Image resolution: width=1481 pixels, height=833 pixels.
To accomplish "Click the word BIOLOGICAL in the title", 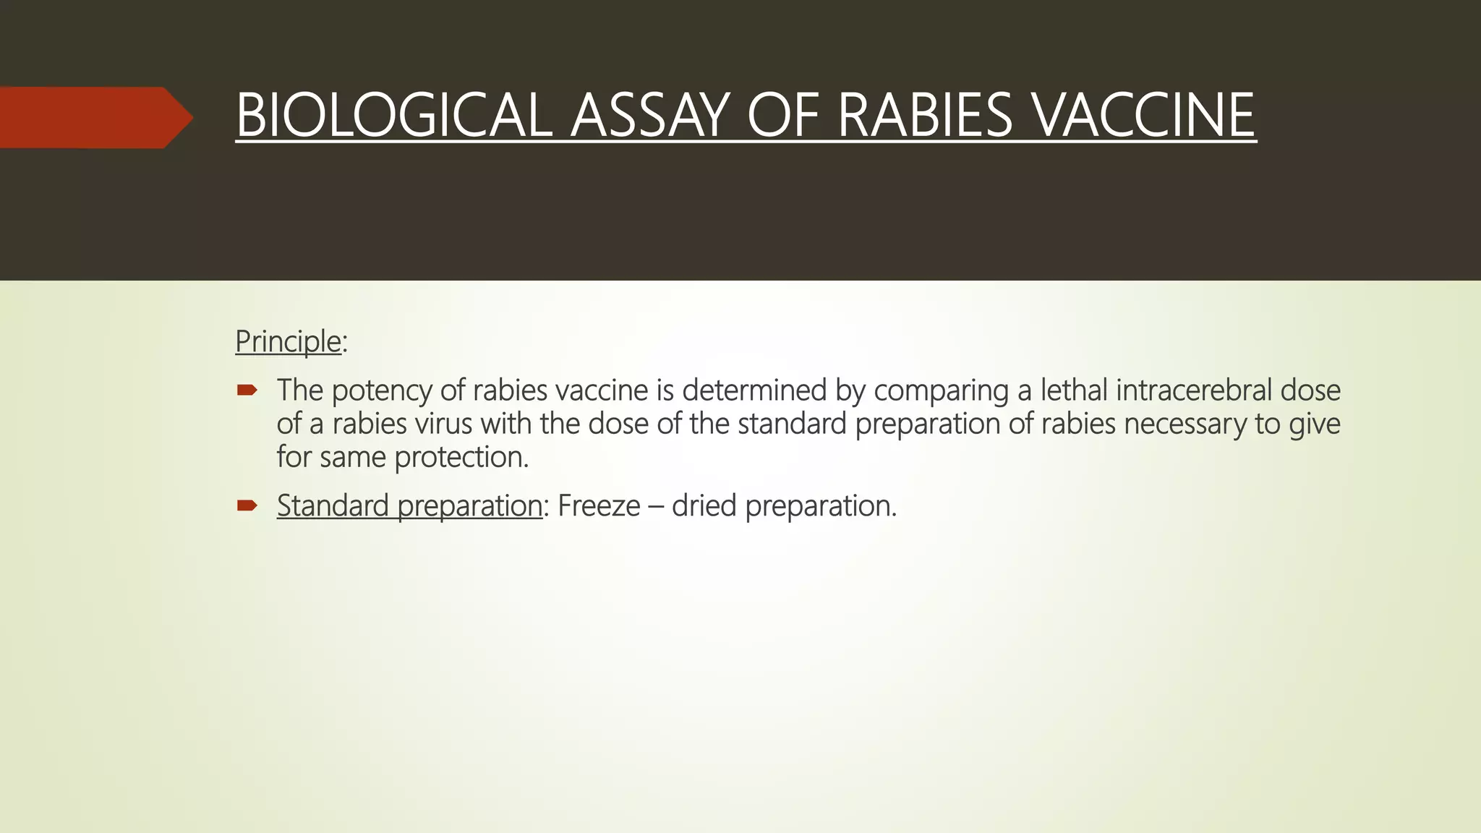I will tap(394, 116).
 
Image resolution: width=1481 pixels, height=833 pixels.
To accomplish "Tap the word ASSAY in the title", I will tap(649, 116).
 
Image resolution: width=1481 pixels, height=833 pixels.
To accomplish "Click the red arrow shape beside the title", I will tap(94, 117).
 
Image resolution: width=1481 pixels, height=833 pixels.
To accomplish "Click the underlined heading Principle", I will tap(288, 341).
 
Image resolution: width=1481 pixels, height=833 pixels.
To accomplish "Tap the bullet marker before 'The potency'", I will tap(247, 391).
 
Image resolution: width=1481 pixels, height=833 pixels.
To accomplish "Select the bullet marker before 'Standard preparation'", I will tap(247, 505).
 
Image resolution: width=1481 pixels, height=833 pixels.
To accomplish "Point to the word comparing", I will tap(941, 391).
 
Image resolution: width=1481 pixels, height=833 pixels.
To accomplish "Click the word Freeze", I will tap(599, 505).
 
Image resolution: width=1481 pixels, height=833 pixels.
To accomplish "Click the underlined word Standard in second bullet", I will tap(333, 505).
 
